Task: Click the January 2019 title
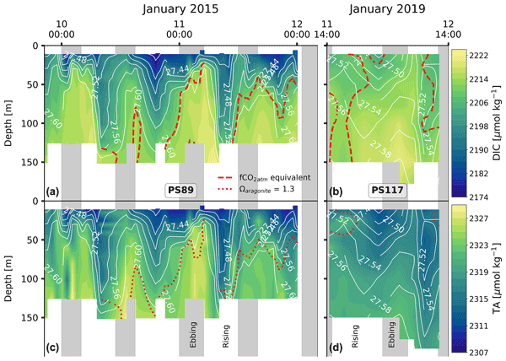pyautogui.click(x=385, y=8)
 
